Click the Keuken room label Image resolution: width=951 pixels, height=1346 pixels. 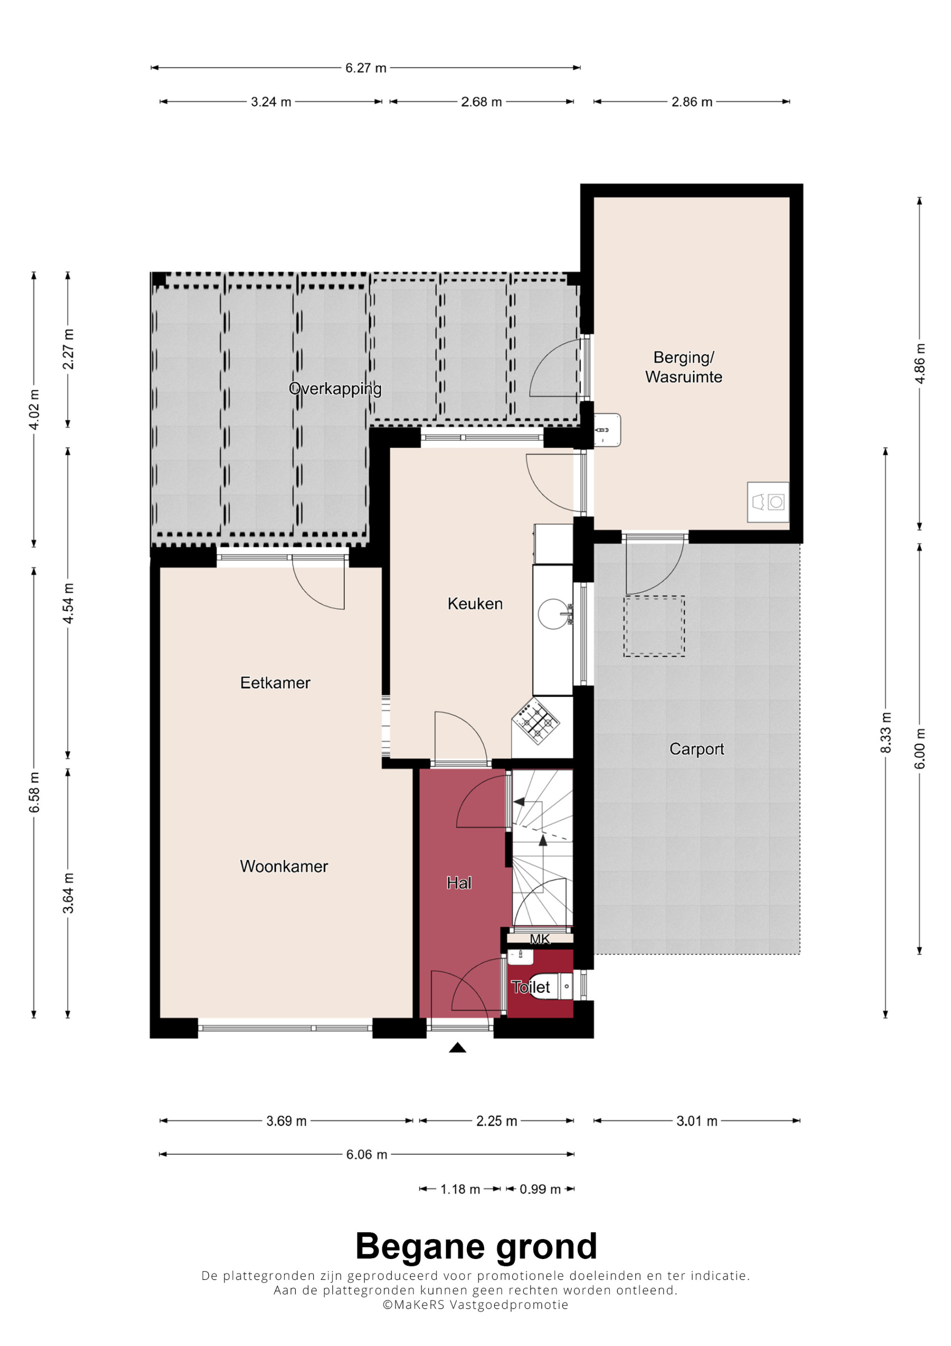(475, 604)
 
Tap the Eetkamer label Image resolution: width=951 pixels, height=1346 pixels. (275, 683)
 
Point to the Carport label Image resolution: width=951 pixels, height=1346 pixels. (696, 749)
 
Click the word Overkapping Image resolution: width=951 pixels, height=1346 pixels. (335, 389)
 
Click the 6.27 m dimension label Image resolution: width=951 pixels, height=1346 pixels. (366, 68)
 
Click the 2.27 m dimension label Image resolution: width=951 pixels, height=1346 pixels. (68, 350)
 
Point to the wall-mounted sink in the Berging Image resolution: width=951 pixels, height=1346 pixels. (607, 430)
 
